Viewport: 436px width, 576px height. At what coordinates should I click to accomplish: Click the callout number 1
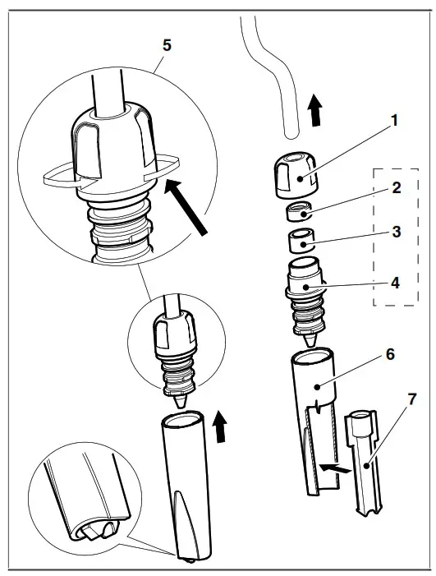394,121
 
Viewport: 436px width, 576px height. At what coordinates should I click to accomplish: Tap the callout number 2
397,187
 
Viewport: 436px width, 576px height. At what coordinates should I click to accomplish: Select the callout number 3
397,233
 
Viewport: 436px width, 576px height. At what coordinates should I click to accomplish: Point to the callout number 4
395,283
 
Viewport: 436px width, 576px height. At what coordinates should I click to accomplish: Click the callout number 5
167,45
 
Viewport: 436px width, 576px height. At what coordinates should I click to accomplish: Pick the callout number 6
390,354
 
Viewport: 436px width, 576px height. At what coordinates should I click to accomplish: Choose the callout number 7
412,399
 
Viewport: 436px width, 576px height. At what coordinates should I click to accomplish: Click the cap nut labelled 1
295,177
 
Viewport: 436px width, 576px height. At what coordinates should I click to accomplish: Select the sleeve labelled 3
301,241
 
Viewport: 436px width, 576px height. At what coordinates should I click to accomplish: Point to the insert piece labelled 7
363,463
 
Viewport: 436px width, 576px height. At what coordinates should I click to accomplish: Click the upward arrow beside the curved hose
315,110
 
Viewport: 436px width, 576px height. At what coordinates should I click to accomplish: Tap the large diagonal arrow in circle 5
186,205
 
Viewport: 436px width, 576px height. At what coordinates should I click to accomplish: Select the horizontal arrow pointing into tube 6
334,468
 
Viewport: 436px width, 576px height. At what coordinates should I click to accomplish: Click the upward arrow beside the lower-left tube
220,426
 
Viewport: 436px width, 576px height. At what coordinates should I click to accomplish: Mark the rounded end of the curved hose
291,136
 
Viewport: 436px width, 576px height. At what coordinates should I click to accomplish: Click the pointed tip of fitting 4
310,344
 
